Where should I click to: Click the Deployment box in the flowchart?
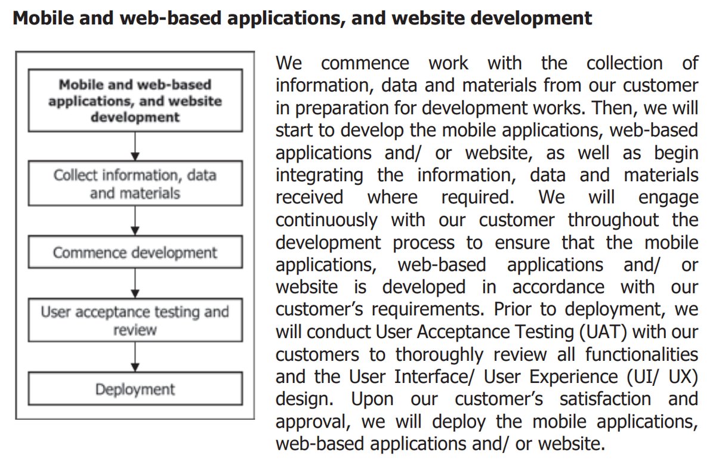[x=135, y=389]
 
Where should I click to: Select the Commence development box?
[x=135, y=253]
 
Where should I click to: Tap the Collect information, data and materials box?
[x=135, y=184]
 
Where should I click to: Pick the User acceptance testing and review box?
[x=135, y=321]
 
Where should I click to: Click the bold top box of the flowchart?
[x=135, y=101]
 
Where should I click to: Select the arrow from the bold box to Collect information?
[x=135, y=146]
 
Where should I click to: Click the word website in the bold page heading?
[x=399, y=18]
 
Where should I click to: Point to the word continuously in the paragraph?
[x=326, y=220]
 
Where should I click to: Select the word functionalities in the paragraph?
[x=641, y=354]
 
